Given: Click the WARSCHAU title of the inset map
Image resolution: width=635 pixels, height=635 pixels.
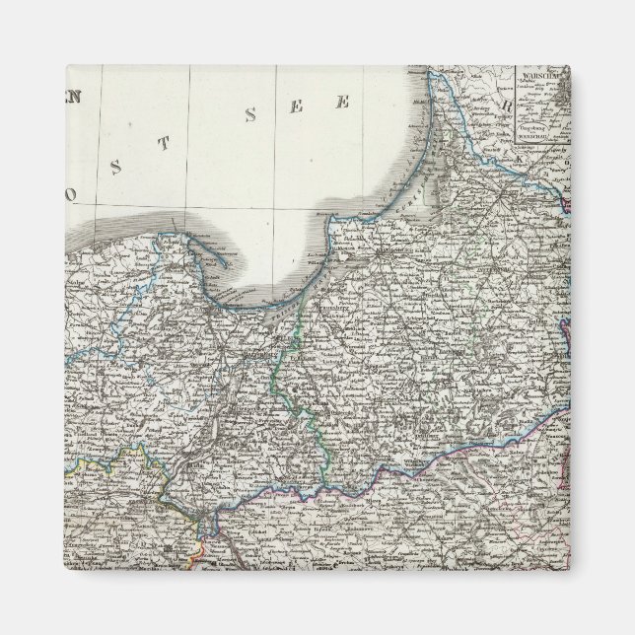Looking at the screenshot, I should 540,72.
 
